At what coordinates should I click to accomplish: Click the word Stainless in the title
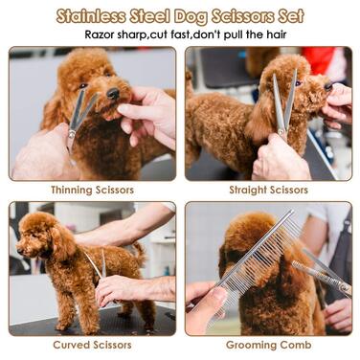pyautogui.click(x=91, y=16)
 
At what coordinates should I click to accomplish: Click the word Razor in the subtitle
pyautogui.click(x=100, y=34)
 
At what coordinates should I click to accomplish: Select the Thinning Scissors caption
pyautogui.click(x=92, y=190)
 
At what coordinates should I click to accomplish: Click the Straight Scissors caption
pyautogui.click(x=268, y=190)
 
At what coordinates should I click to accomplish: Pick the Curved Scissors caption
pyautogui.click(x=92, y=345)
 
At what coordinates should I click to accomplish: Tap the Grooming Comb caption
pyautogui.click(x=268, y=345)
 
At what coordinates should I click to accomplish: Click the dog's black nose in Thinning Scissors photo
pyautogui.click(x=113, y=93)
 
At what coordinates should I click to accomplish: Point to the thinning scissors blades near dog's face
pyautogui.click(x=82, y=112)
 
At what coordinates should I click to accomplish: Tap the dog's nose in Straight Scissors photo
pyautogui.click(x=328, y=86)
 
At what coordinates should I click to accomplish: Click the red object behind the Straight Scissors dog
pyautogui.click(x=319, y=60)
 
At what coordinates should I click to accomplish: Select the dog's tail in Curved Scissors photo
pyautogui.click(x=139, y=251)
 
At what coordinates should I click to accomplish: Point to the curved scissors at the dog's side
pyautogui.click(x=99, y=265)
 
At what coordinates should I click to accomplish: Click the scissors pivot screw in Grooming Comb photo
pyautogui.click(x=344, y=287)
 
